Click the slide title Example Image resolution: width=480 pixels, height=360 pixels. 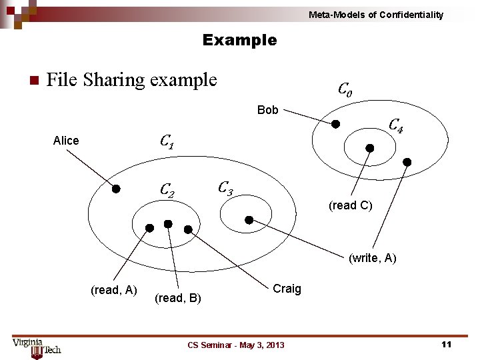click(x=239, y=40)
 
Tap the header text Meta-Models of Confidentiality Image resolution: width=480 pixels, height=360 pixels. click(x=376, y=15)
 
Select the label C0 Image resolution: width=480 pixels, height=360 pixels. click(x=345, y=88)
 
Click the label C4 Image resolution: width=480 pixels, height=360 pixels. click(x=395, y=125)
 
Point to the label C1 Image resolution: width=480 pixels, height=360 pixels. click(x=167, y=141)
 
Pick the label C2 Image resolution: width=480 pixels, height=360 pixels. click(x=167, y=190)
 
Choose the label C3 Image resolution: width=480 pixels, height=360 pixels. click(x=225, y=187)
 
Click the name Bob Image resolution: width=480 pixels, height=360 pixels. click(x=267, y=110)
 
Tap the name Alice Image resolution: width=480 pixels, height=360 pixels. click(x=66, y=141)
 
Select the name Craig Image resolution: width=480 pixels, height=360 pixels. click(x=287, y=289)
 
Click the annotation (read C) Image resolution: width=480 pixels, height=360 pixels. click(x=350, y=205)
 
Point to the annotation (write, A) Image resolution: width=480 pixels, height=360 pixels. click(x=372, y=258)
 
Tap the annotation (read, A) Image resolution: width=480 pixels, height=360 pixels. click(x=113, y=289)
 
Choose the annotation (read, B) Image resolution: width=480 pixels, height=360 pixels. click(x=177, y=298)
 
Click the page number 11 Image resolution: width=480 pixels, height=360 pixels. click(x=446, y=344)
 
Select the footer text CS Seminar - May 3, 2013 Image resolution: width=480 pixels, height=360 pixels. click(x=236, y=345)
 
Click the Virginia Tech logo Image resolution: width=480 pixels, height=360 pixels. click(x=36, y=346)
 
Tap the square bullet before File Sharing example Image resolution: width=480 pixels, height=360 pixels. click(x=31, y=81)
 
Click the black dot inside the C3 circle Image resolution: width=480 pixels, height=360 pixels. click(x=249, y=219)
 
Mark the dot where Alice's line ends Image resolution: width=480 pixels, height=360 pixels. click(x=115, y=189)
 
